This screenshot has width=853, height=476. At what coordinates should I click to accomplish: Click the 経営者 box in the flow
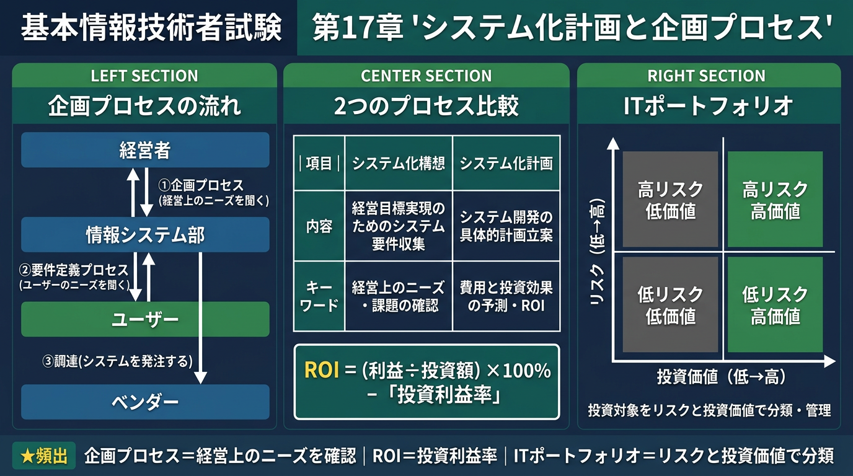(145, 150)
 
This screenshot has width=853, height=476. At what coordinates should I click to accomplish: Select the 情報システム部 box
(145, 235)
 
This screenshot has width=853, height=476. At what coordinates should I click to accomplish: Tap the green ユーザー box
(145, 319)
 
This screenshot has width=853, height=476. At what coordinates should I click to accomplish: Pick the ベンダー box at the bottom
(145, 402)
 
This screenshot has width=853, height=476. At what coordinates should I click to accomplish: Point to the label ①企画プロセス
(201, 185)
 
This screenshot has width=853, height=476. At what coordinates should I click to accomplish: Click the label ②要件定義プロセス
(74, 270)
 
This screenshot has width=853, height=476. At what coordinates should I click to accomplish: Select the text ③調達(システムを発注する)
(116, 360)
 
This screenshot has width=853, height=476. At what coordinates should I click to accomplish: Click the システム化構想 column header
(399, 163)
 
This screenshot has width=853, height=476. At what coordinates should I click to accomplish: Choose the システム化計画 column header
(506, 163)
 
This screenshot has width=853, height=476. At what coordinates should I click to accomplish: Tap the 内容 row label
(319, 226)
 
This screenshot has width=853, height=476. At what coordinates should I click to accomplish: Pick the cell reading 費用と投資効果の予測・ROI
(506, 296)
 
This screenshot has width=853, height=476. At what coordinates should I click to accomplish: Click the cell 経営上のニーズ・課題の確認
(399, 296)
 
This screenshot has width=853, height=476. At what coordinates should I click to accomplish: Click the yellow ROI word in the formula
(322, 371)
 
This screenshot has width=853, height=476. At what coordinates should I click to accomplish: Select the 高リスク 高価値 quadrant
(775, 200)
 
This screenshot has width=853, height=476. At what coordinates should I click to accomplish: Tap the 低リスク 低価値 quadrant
(670, 305)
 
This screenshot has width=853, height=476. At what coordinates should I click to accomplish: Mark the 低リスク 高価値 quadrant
(775, 305)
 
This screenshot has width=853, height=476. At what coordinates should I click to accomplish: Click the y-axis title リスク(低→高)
(597, 253)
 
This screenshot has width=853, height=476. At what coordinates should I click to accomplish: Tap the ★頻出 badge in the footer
(44, 456)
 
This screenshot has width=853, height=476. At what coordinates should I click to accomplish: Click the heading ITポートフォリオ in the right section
(708, 106)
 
